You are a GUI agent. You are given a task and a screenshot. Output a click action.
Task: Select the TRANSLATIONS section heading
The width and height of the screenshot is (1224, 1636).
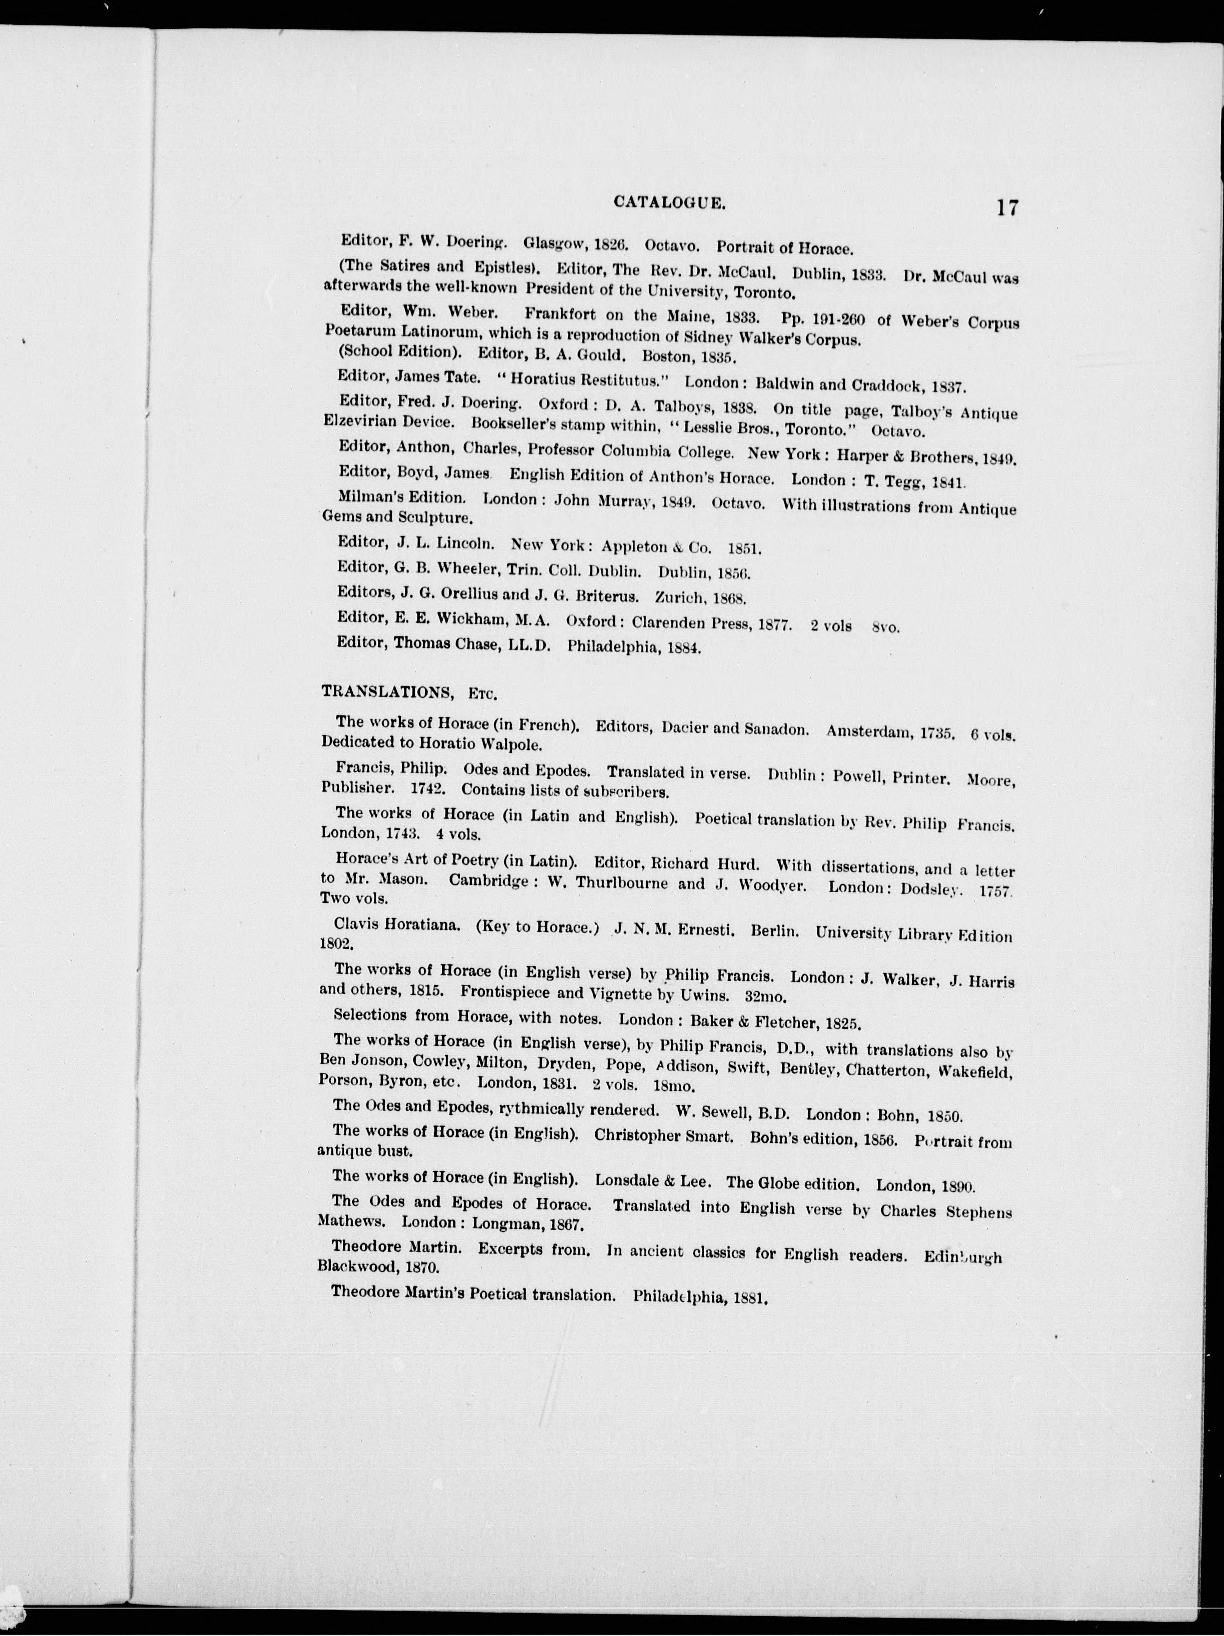(x=387, y=692)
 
